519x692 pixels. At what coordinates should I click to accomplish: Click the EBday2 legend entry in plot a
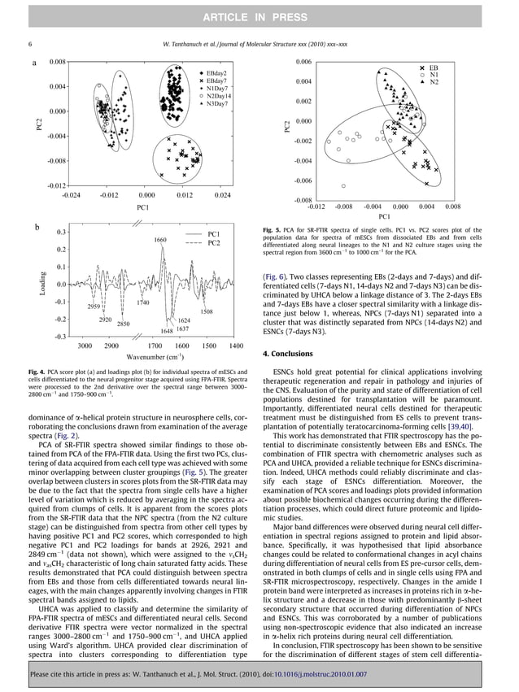point(212,73)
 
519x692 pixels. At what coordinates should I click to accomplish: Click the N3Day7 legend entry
point(213,104)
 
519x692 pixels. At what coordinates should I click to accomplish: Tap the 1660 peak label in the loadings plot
point(159,241)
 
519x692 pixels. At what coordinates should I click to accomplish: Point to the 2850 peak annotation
point(123,324)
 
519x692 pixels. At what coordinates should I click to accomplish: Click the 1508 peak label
point(207,312)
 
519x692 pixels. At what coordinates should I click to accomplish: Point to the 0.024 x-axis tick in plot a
point(221,195)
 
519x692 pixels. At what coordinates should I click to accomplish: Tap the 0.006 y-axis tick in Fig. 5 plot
point(303,62)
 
